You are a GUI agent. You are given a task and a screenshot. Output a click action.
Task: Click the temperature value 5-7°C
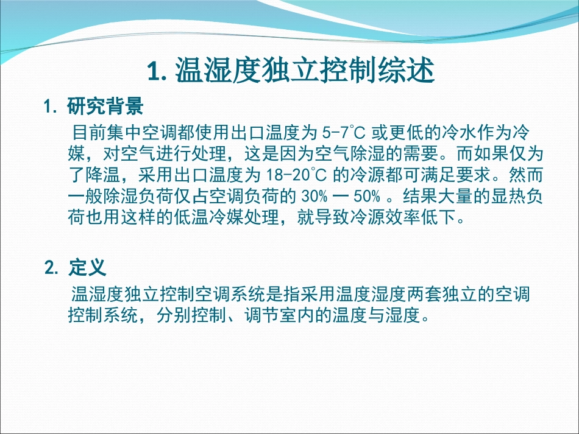[345, 131]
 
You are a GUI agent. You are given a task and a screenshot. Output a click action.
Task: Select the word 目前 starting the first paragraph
[87, 131]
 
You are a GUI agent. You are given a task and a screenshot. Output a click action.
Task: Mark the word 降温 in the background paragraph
[110, 175]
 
